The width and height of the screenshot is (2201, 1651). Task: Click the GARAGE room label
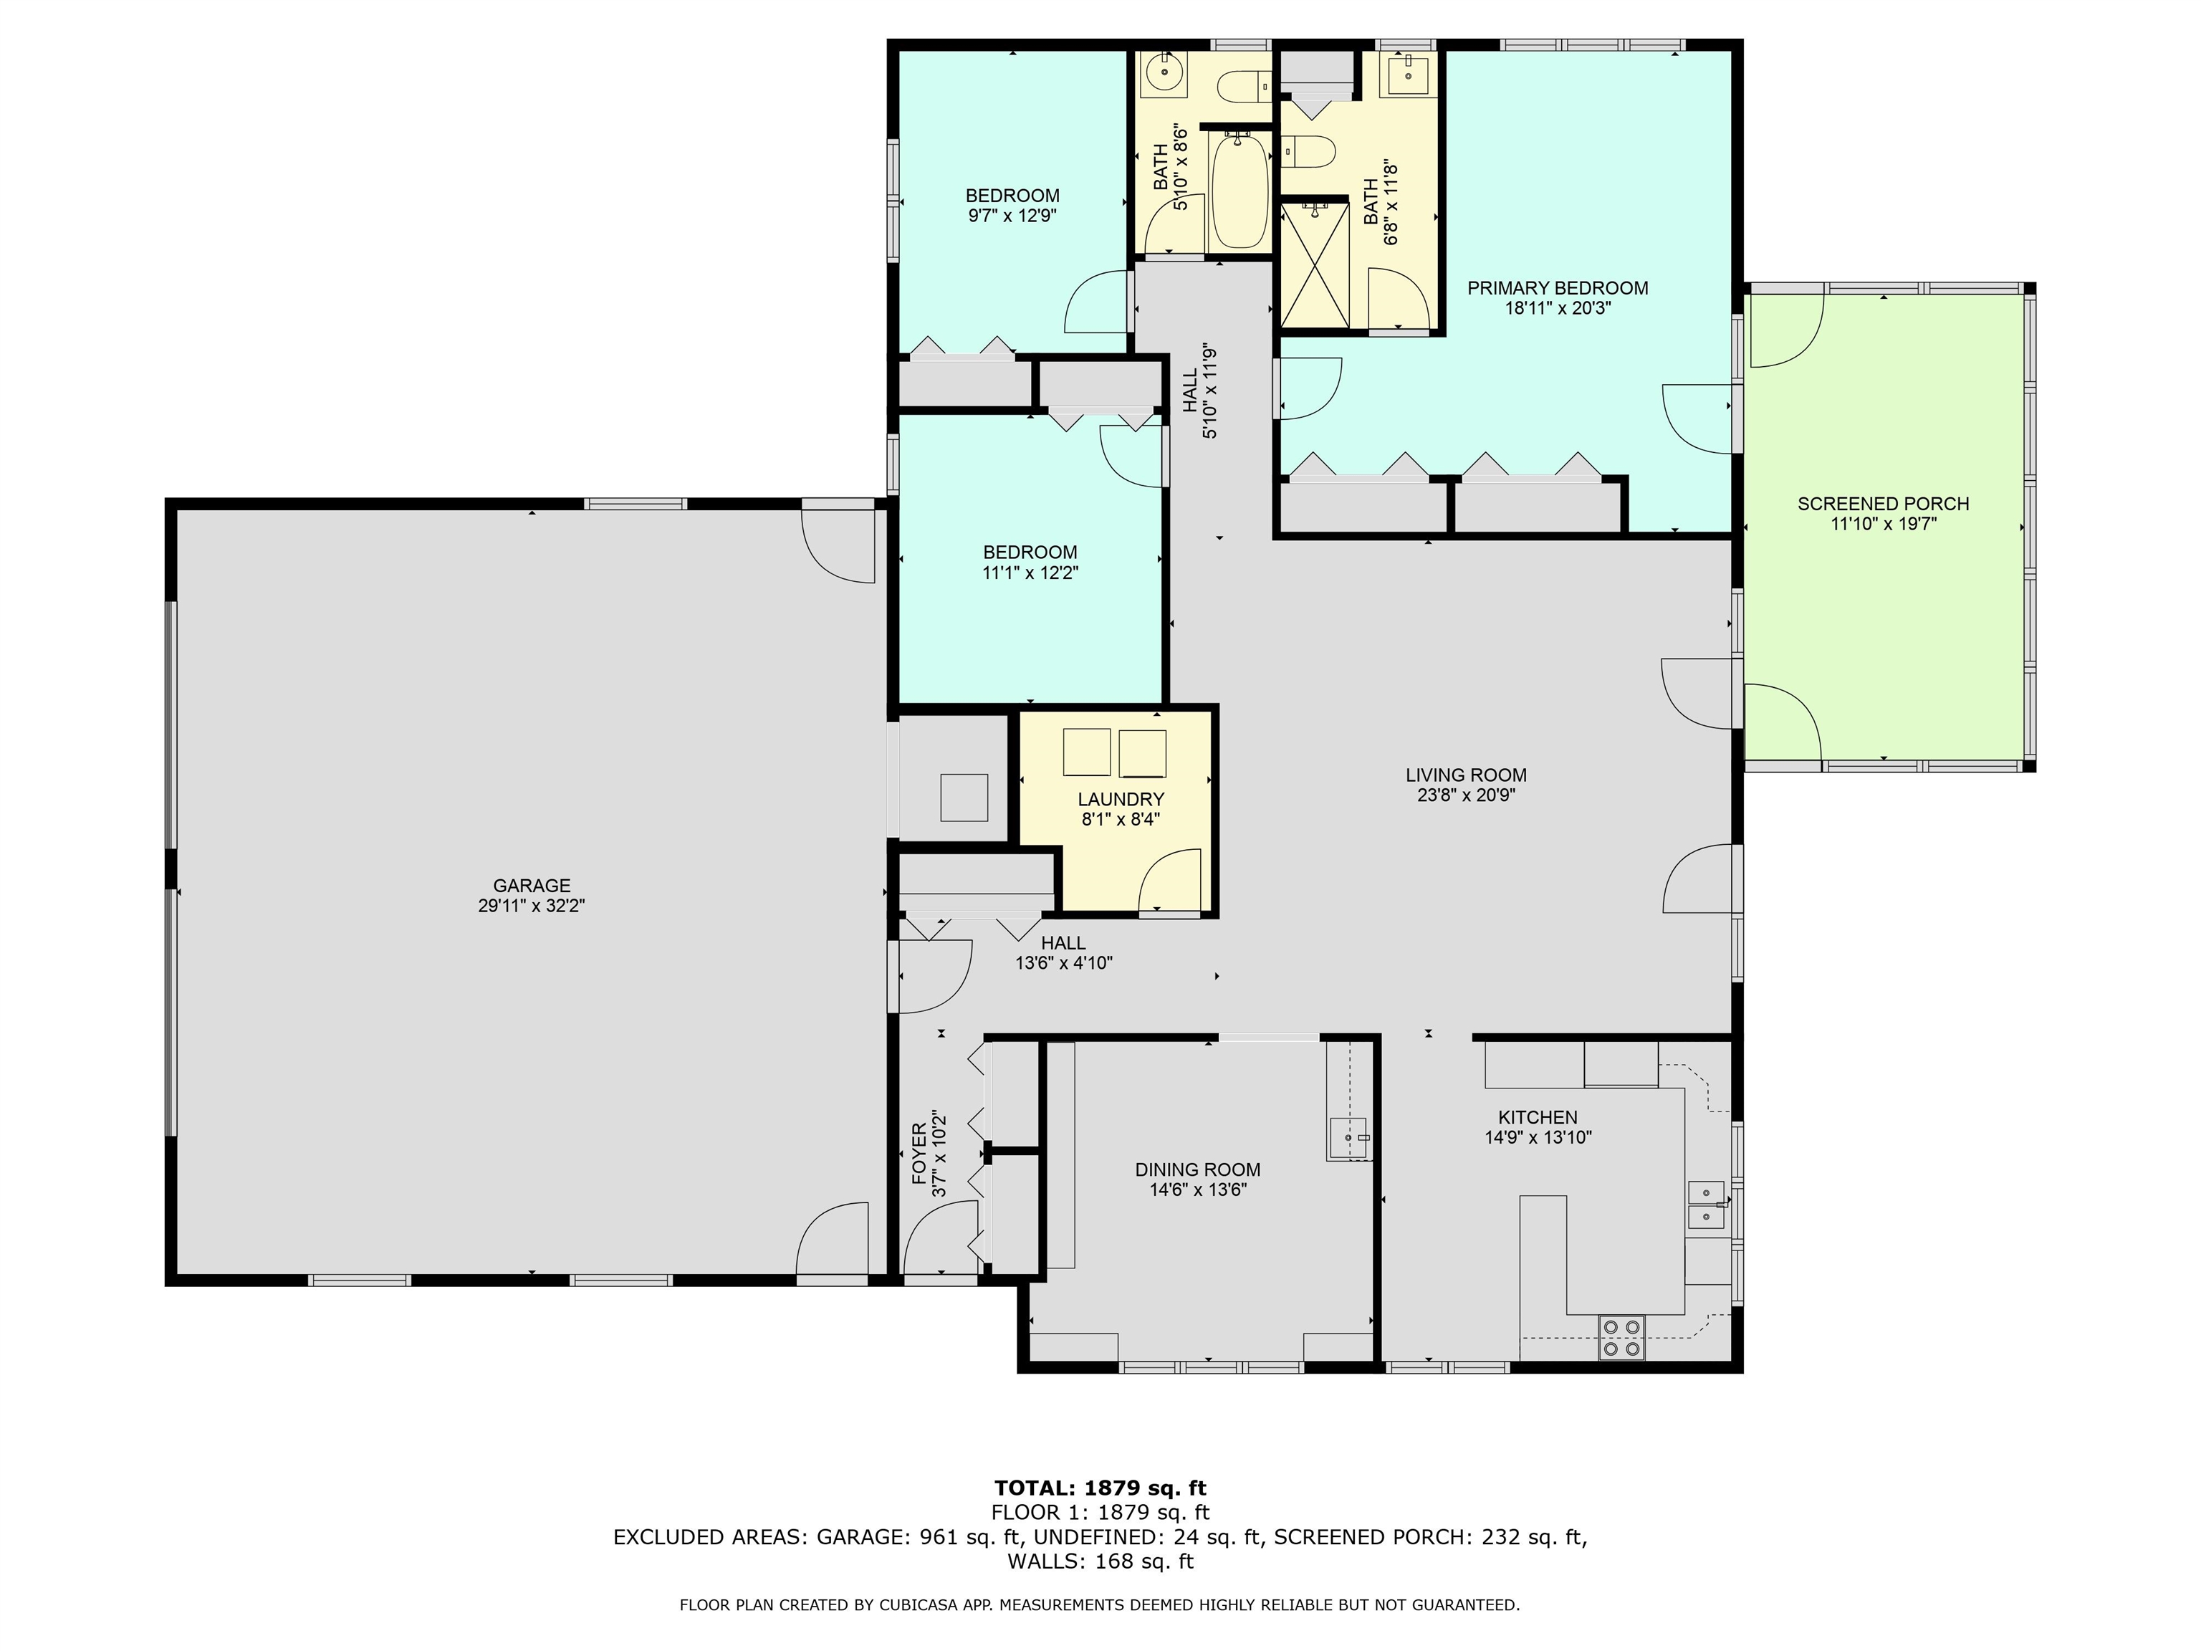pos(532,885)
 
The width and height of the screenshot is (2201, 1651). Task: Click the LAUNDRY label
pos(1121,799)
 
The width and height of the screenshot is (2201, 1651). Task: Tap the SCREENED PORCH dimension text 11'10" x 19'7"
pos(1883,525)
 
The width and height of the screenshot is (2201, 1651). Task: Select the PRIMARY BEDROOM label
pos(1557,287)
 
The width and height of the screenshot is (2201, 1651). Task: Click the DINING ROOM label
pos(1197,1169)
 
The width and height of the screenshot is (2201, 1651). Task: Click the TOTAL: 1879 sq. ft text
pos(1100,1488)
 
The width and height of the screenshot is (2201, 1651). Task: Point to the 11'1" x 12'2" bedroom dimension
pos(1030,573)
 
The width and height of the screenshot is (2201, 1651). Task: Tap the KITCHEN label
pos(1538,1116)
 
